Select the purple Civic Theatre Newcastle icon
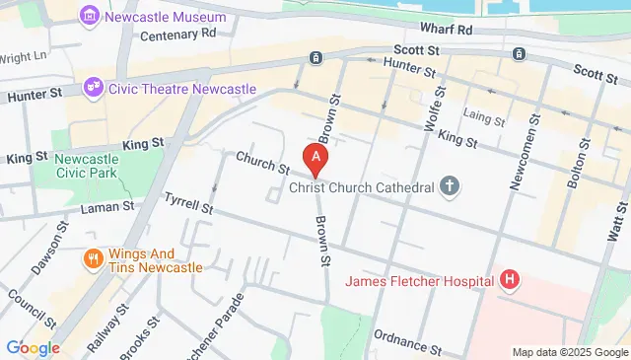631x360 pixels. coord(96,87)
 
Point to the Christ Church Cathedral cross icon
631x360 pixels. coord(450,185)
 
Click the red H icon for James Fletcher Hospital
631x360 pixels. coord(509,281)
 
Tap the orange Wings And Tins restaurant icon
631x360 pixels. coord(93,259)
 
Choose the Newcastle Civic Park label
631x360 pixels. coord(87,167)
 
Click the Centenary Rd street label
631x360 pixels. coord(177,34)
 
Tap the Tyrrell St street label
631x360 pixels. coord(187,204)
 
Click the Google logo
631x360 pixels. coord(33,347)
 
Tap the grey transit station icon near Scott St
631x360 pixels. coord(315,58)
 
